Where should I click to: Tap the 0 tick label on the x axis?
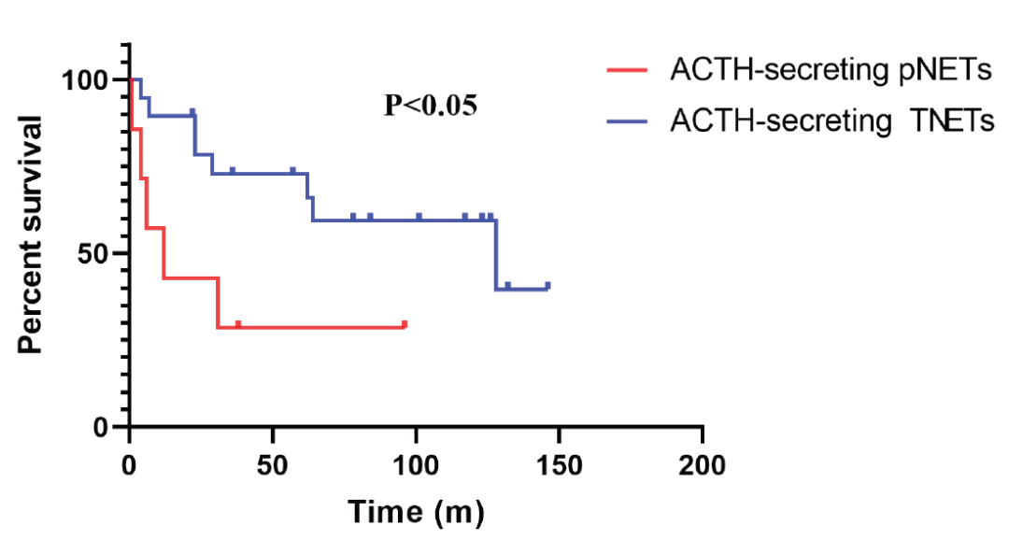point(130,464)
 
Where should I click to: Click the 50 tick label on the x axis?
point(272,464)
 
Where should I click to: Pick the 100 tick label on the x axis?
point(416,464)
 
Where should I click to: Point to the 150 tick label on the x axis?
point(559,464)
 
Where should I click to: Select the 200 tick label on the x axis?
point(702,464)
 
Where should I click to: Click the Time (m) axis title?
point(416,511)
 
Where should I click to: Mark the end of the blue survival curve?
point(548,287)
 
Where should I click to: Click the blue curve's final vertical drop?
point(496,255)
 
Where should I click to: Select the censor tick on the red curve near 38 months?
point(238,324)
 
